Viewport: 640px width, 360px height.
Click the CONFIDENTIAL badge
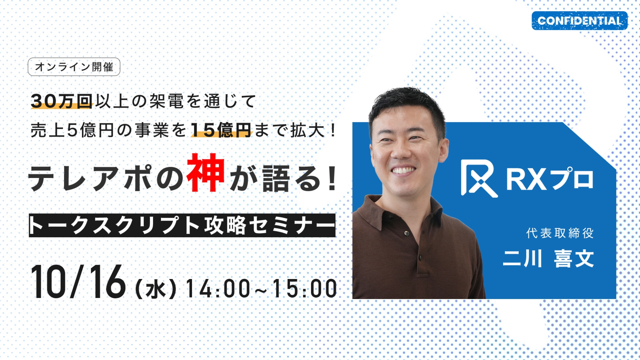[579, 21]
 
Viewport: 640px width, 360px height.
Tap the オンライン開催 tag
[74, 67]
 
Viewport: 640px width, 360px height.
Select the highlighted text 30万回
[61, 101]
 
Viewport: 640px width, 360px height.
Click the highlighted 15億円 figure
[221, 130]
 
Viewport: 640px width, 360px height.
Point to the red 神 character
[206, 173]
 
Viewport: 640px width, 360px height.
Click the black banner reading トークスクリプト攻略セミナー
[182, 225]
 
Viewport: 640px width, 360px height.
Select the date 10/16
[78, 282]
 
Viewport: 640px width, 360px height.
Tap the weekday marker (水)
[156, 289]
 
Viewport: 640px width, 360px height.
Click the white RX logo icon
[479, 178]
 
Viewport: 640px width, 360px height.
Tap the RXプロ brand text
[550, 179]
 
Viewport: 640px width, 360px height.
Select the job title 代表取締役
[560, 233]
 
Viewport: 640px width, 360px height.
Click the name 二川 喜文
[548, 259]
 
